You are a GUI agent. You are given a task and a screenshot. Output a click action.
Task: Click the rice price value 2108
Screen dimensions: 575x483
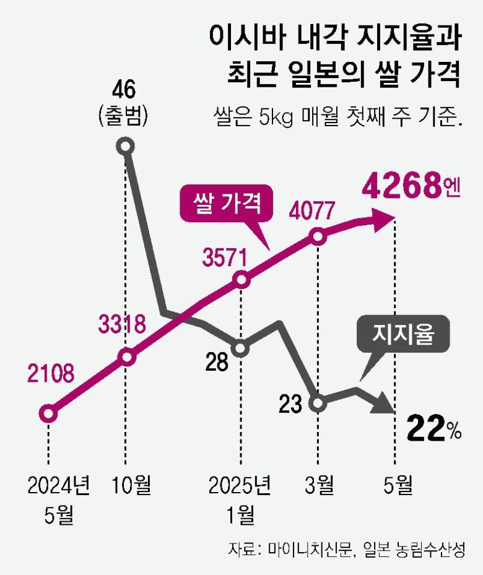50,373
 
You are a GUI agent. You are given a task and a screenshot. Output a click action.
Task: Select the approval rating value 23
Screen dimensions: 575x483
290,404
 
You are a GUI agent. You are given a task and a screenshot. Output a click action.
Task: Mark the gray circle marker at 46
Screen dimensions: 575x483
126,147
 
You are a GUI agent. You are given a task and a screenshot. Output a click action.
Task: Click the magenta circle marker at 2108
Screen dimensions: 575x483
48,413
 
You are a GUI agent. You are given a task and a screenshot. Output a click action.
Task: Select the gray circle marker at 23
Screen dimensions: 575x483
318,404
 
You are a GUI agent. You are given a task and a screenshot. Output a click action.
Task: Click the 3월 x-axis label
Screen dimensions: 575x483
318,486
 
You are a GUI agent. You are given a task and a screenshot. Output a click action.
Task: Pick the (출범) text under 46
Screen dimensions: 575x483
125,116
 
